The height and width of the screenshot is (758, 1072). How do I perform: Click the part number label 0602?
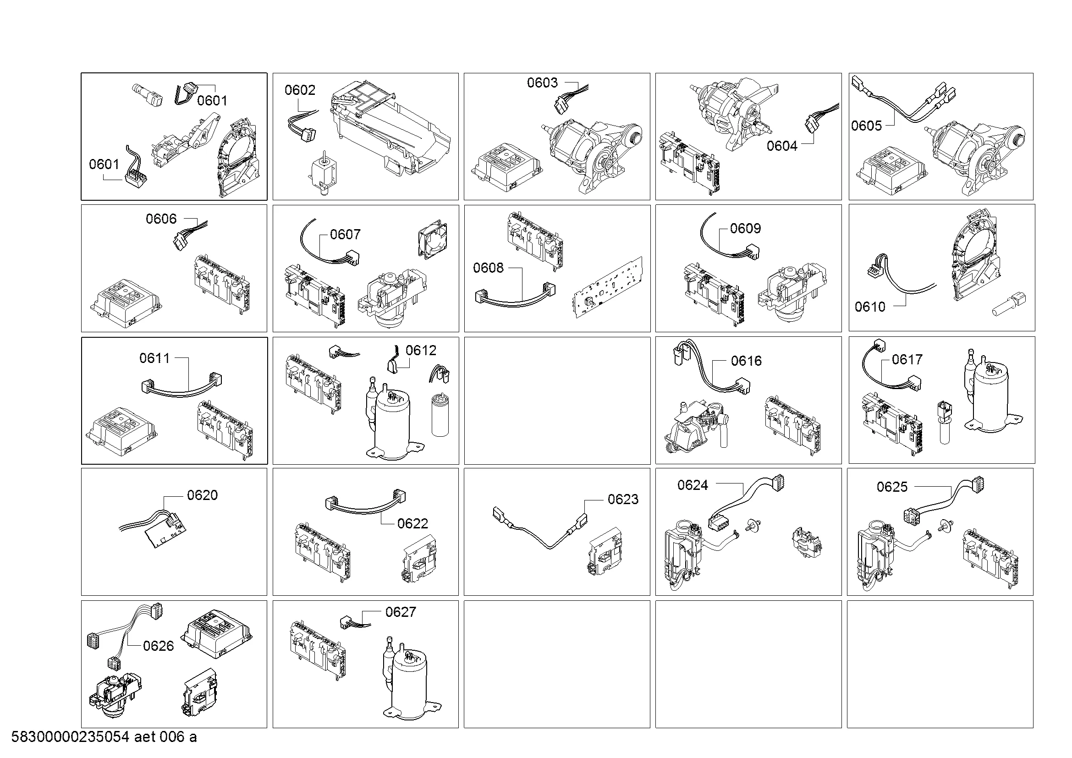pyautogui.click(x=300, y=90)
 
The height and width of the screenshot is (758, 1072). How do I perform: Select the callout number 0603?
pyautogui.click(x=542, y=82)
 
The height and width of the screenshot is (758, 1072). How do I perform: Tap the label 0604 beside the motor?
pyautogui.click(x=781, y=146)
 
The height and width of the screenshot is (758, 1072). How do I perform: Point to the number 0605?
pyautogui.click(x=866, y=126)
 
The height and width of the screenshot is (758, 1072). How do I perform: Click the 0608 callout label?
pyautogui.click(x=488, y=268)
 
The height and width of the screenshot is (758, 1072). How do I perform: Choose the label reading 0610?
pyautogui.click(x=870, y=307)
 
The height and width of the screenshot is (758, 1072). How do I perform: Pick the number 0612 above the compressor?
pyautogui.click(x=421, y=351)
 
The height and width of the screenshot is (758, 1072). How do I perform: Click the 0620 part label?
pyautogui.click(x=202, y=495)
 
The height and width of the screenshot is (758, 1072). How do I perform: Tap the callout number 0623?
pyautogui.click(x=623, y=500)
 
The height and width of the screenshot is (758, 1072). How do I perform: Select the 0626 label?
pyautogui.click(x=158, y=646)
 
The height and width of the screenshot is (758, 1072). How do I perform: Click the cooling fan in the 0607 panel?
pyautogui.click(x=432, y=239)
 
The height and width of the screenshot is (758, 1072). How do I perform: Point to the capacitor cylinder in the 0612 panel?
pyautogui.click(x=440, y=415)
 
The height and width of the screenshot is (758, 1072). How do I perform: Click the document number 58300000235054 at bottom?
pyautogui.click(x=70, y=737)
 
